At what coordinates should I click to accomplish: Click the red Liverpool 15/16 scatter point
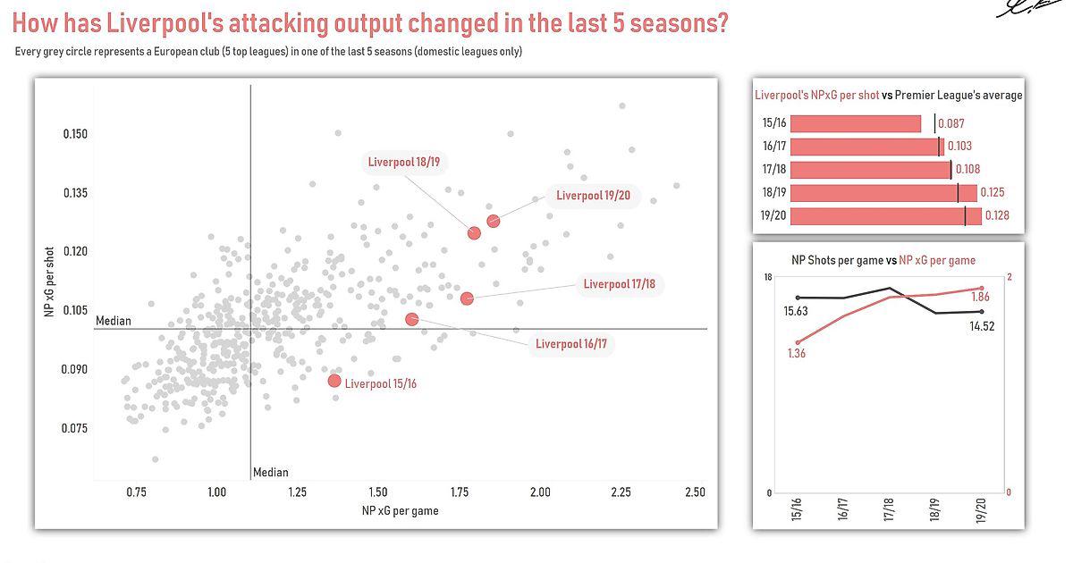click(334, 381)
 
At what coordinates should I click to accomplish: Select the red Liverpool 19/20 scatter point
click(494, 221)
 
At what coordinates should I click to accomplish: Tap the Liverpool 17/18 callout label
click(619, 284)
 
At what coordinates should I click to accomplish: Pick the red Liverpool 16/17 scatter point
click(411, 319)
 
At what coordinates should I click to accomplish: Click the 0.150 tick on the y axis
click(76, 134)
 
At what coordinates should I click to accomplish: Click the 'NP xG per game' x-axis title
click(400, 511)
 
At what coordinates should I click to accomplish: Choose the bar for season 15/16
click(855, 124)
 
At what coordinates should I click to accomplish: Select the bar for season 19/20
click(885, 216)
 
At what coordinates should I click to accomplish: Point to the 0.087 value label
click(951, 124)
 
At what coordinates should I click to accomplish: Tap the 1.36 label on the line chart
click(797, 354)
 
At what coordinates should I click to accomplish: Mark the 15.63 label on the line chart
click(796, 312)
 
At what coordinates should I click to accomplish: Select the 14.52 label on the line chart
click(981, 326)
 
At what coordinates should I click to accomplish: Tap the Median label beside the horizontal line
click(113, 321)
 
